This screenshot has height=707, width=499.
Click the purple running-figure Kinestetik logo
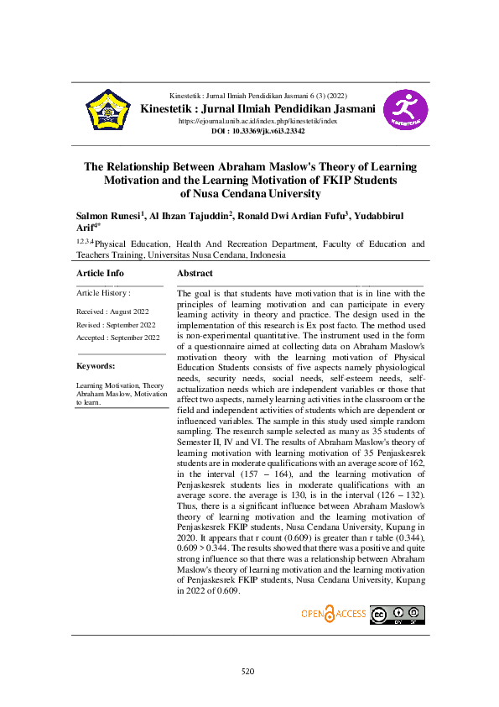point(405,110)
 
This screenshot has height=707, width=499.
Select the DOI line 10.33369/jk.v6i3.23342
point(257,132)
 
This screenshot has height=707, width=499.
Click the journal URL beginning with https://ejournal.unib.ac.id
point(257,122)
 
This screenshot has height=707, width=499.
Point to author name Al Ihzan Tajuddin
point(190,216)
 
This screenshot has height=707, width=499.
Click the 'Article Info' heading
point(100,273)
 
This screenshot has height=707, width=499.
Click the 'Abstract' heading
point(195,273)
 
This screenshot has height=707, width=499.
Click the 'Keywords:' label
point(96,366)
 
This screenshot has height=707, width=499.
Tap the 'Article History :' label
point(103,293)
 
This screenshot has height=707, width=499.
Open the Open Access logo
point(334,614)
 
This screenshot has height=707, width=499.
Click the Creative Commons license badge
point(398,615)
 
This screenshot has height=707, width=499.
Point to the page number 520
point(247,671)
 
